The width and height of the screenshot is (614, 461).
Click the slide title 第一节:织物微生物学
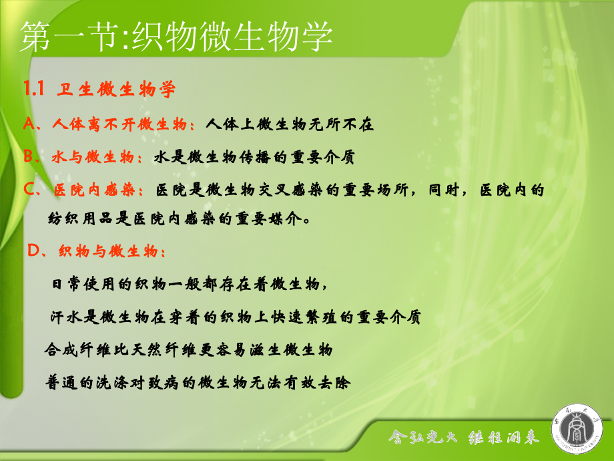tap(176, 37)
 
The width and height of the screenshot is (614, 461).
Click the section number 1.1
tap(33, 89)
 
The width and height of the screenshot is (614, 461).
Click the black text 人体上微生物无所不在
tap(290, 124)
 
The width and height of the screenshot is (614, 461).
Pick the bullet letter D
tap(33, 251)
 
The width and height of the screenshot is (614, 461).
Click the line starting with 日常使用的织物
tap(190, 284)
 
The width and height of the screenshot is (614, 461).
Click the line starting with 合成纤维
tap(188, 349)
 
